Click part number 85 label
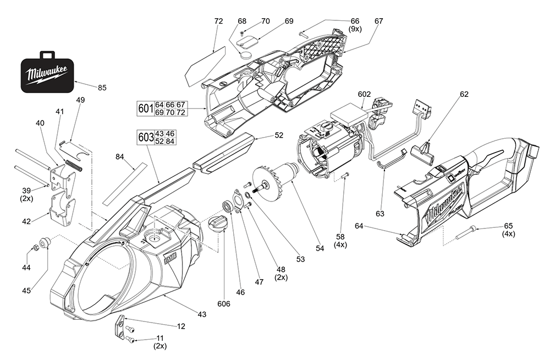(102, 88)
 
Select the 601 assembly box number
(145, 108)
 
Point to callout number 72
(218, 21)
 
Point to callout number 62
(464, 94)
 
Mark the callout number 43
(202, 314)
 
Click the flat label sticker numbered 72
(205, 64)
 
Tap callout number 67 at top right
(378, 21)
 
